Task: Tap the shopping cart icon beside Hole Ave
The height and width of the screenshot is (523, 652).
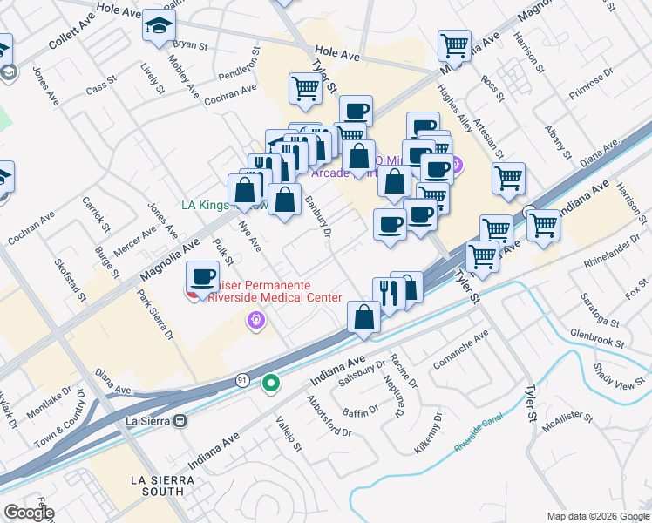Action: point(455,45)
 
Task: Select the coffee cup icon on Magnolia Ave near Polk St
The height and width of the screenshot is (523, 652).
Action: point(203,277)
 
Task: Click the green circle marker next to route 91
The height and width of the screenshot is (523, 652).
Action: point(272,382)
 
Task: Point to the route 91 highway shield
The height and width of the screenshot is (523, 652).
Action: point(241,381)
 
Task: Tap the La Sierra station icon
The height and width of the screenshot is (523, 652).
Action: point(180,420)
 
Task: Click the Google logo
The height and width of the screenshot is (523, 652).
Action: point(28,513)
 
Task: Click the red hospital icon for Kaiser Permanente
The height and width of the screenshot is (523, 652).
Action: point(194,294)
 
